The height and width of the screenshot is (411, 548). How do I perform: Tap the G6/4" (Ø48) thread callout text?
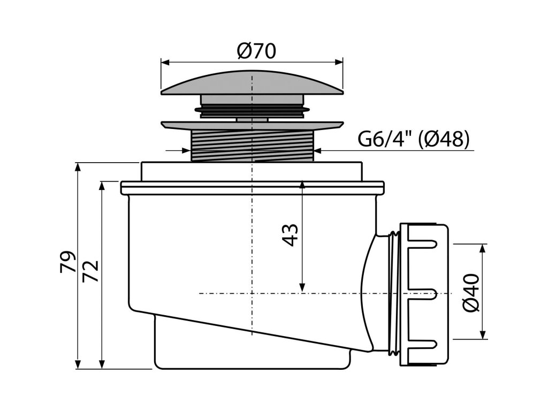(x=413, y=140)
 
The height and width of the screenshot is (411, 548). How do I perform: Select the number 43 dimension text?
(x=290, y=234)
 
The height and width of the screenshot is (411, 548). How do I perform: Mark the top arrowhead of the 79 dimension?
(x=79, y=166)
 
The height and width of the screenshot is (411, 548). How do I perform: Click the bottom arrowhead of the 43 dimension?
(x=302, y=289)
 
